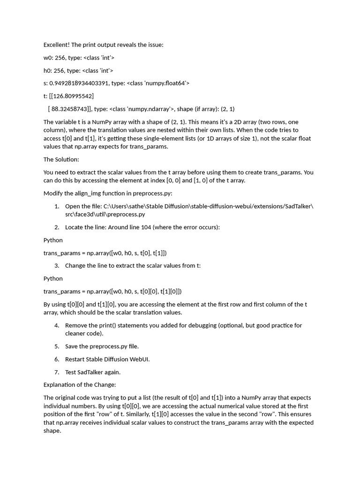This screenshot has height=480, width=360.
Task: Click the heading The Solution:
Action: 61,159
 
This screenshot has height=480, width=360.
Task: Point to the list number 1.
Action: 56,206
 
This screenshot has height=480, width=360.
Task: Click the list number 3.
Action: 56,266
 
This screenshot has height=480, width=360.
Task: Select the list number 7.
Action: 56,372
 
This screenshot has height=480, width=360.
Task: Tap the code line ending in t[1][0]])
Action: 112,292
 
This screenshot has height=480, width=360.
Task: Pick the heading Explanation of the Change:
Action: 80,385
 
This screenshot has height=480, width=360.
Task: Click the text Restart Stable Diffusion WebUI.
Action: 107,360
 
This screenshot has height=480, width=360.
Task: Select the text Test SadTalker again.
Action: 93,372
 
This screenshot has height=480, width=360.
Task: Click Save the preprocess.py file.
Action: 102,346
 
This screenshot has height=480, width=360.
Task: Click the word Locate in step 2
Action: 74,227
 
